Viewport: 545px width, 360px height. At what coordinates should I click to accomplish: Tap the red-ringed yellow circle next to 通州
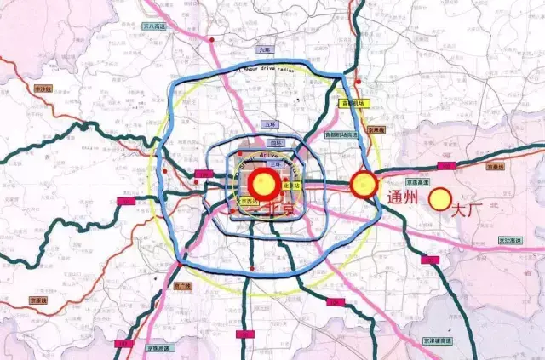point(364,183)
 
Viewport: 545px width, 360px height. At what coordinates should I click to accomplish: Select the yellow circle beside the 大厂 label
point(440,200)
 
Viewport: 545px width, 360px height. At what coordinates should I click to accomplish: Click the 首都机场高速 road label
point(343,134)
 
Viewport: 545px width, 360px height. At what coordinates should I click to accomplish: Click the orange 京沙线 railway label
point(43,88)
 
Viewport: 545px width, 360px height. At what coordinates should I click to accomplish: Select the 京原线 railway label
point(41,300)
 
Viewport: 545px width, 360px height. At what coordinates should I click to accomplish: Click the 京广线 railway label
point(184,288)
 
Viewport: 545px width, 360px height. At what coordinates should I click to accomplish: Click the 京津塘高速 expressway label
point(438,340)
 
